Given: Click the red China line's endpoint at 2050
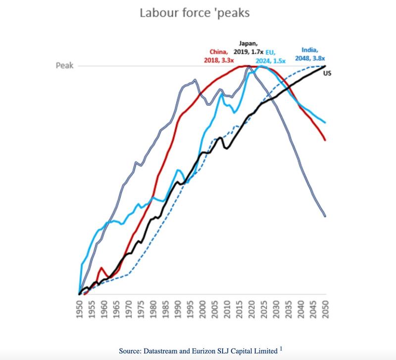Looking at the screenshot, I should (x=325, y=140).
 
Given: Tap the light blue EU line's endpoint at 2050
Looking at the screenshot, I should (x=325, y=122).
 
